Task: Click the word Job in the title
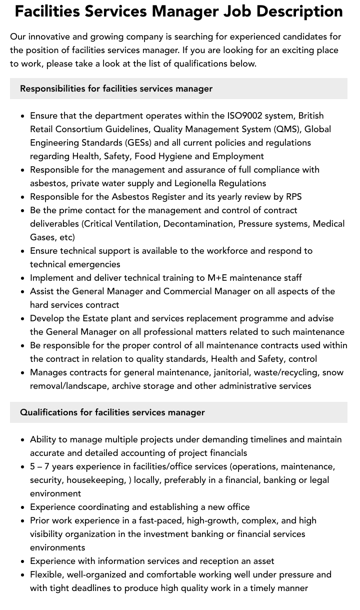coord(230,11)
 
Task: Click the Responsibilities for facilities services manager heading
coord(116,89)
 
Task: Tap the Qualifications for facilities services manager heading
coord(112,412)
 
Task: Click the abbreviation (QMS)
coord(287,129)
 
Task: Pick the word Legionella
coord(195,183)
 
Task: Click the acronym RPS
coord(293,197)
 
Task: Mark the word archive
coord(127,386)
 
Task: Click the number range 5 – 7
coord(39,466)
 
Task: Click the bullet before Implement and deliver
coord(23,278)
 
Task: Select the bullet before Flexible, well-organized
coord(23,575)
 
